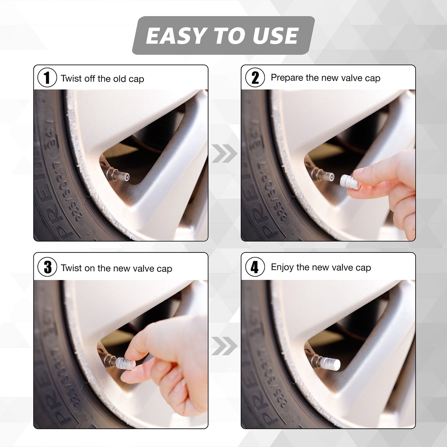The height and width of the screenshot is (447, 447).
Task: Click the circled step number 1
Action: [47, 78]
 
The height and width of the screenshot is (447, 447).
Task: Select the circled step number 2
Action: [255, 78]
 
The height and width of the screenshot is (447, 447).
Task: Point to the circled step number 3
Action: [47, 267]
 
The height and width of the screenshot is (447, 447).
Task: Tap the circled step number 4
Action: [255, 267]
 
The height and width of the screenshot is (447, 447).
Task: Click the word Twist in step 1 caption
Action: [71, 79]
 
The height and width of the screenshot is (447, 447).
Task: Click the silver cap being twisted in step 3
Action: [125, 363]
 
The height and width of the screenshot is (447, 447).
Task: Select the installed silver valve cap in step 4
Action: [330, 363]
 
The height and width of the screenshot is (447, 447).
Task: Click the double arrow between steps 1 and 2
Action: [224, 153]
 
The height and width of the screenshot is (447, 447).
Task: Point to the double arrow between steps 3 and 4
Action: [224, 346]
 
